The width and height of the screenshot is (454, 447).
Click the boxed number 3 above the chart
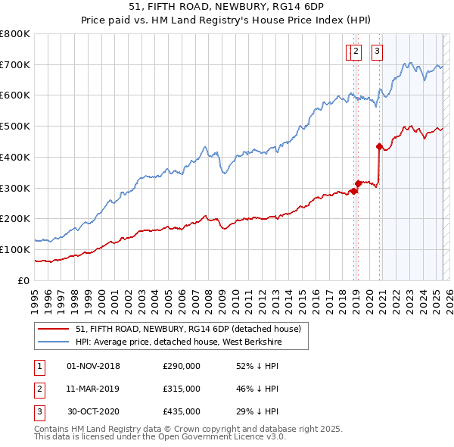click(x=376, y=52)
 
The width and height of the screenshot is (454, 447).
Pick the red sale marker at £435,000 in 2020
click(x=378, y=146)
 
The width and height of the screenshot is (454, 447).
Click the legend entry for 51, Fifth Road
click(x=188, y=329)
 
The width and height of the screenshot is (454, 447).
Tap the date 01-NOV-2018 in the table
click(x=94, y=366)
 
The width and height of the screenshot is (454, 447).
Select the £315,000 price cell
click(x=182, y=389)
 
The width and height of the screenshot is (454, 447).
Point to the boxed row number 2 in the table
click(x=39, y=389)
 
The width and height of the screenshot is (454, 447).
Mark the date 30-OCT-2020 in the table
click(x=94, y=411)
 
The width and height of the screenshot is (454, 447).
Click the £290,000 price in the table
click(x=182, y=366)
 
